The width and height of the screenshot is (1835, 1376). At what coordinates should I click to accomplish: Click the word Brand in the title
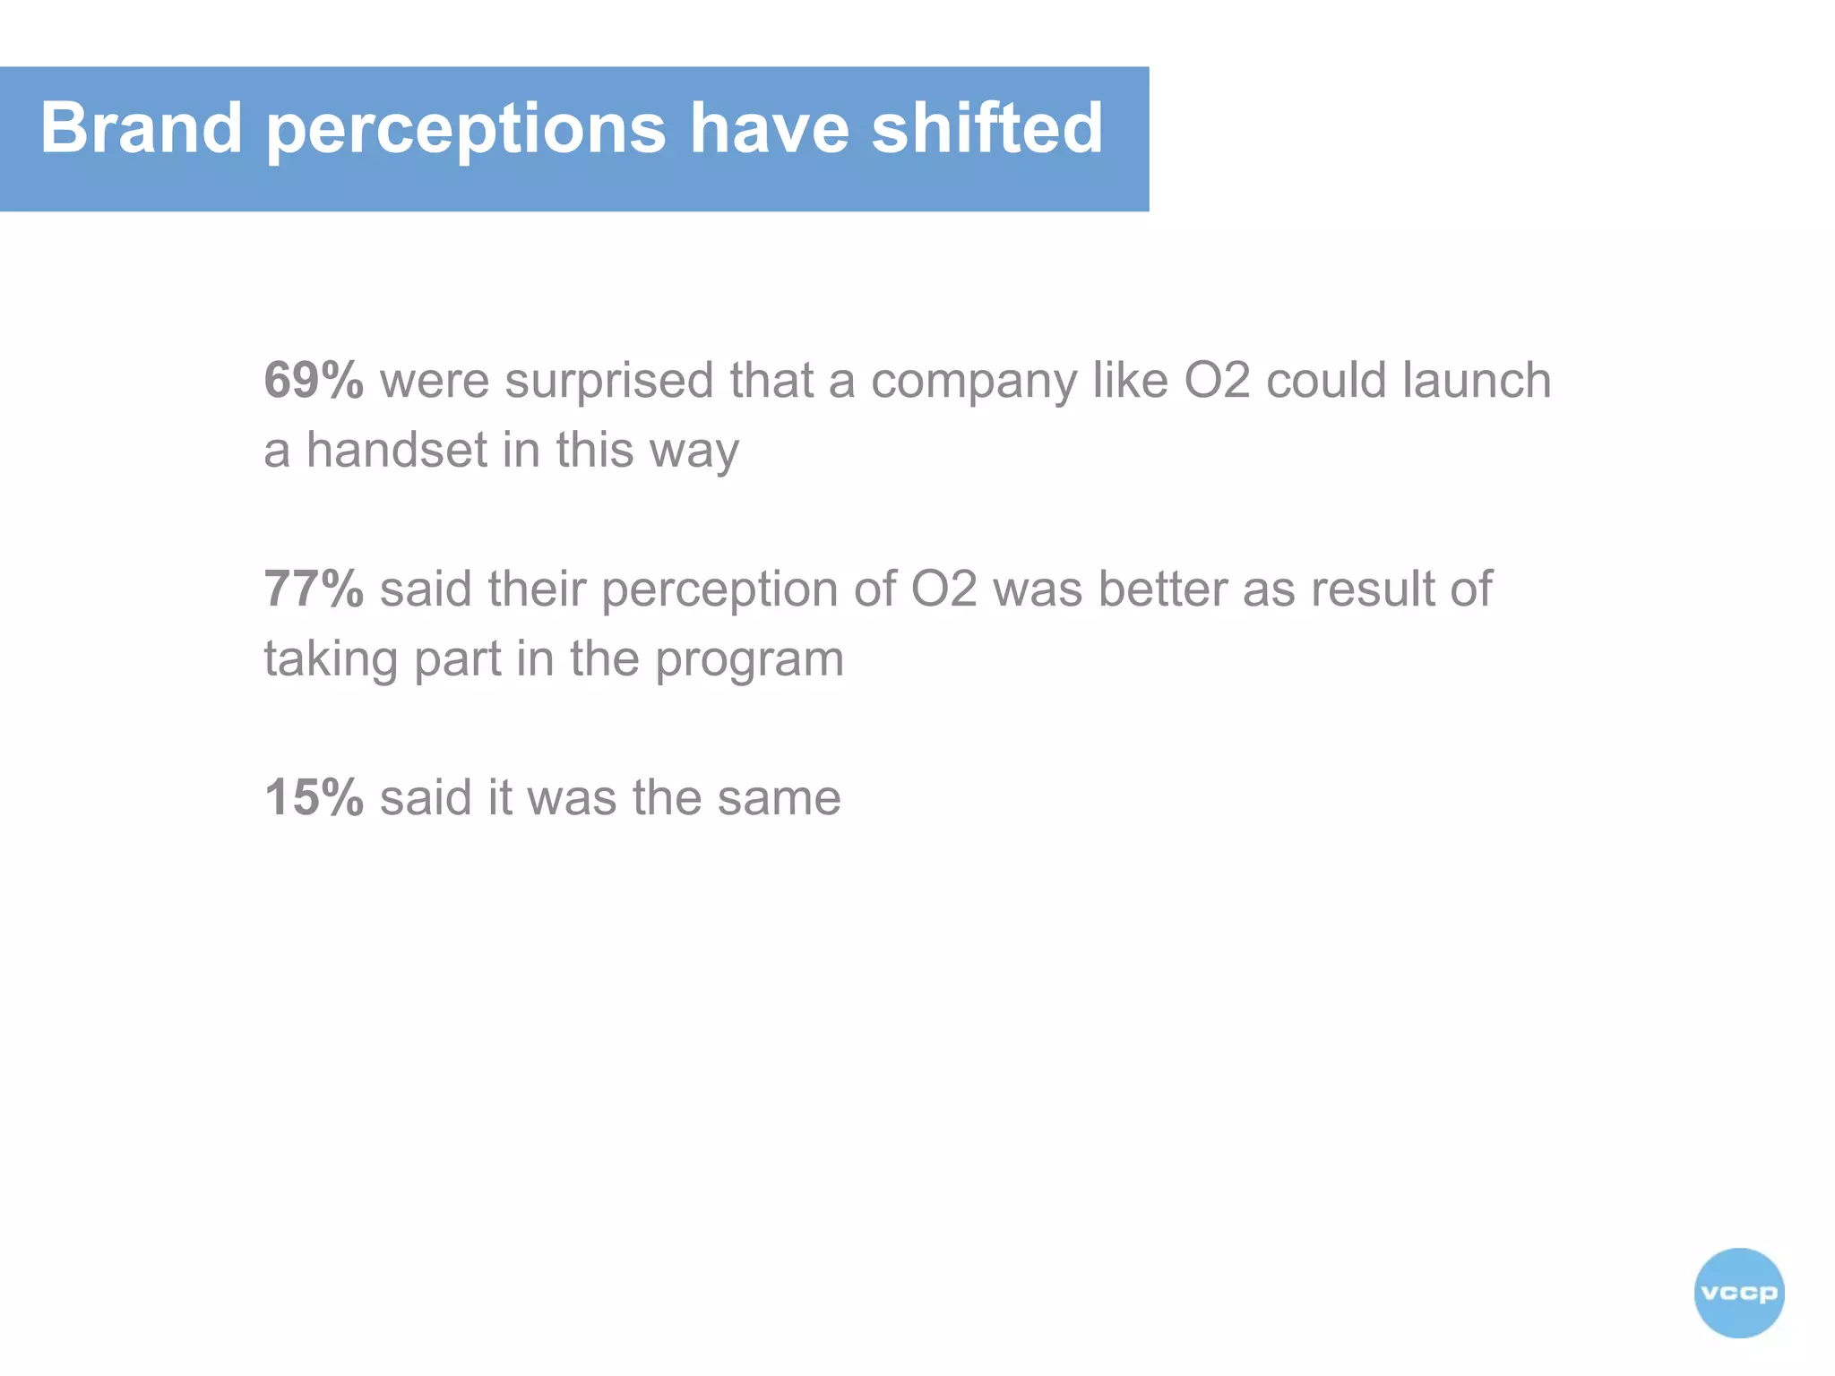(x=141, y=128)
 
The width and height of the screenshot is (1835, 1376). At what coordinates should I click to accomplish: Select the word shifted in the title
(x=986, y=128)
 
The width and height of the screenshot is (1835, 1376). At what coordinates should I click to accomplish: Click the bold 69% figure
(x=314, y=380)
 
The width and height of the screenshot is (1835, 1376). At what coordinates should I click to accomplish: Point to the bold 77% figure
(x=314, y=589)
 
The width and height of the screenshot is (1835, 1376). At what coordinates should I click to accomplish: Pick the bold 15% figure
(x=314, y=797)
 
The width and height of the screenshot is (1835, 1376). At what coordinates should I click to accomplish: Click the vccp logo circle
(x=1738, y=1293)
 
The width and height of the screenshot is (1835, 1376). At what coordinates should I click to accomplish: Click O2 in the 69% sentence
(x=1217, y=380)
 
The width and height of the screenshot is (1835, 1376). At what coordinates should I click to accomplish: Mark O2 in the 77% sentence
(x=943, y=589)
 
